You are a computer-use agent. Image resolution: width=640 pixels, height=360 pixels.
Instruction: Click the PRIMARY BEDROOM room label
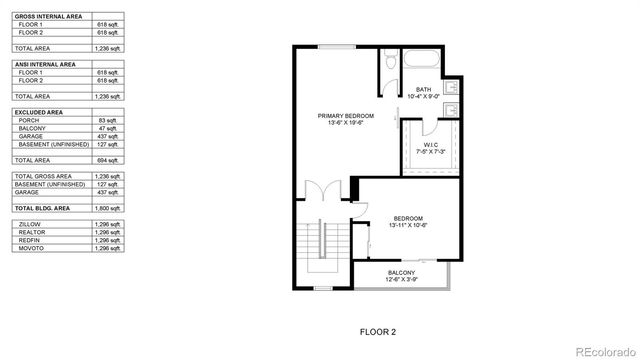(346, 116)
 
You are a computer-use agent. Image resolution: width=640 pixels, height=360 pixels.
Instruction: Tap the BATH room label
(424, 90)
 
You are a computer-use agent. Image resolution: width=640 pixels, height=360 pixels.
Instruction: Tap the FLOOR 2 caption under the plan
(378, 330)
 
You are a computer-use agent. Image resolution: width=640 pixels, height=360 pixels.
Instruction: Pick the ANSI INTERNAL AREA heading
(44, 64)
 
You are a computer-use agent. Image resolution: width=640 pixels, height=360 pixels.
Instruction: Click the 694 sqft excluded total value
(109, 160)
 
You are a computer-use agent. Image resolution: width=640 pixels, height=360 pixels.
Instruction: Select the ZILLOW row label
(30, 225)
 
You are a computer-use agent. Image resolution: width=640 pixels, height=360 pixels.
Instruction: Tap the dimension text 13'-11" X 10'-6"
(407, 225)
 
